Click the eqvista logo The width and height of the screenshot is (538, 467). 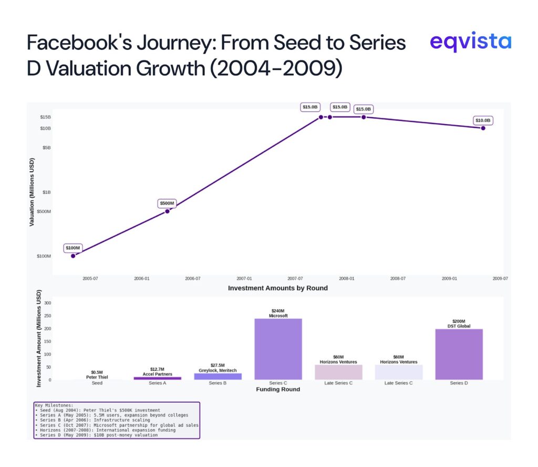470,42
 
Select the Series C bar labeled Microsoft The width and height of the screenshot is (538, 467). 278,349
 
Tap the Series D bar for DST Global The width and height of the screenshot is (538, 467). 459,354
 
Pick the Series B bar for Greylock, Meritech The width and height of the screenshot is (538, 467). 218,377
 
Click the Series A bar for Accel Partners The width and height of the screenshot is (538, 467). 158,378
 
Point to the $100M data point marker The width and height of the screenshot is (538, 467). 73,256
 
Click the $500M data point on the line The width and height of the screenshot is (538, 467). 167,211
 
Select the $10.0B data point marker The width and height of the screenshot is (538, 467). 483,128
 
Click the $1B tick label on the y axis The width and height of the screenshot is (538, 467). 46,192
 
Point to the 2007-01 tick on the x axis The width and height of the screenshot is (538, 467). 244,279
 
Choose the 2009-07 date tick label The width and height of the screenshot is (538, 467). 500,279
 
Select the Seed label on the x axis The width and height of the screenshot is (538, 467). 97,383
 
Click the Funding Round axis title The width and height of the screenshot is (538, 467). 278,390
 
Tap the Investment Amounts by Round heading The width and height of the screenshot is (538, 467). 277,288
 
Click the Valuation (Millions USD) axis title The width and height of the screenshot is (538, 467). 32,192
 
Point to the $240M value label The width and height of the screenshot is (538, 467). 278,311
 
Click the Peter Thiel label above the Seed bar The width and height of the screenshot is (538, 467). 97,377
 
